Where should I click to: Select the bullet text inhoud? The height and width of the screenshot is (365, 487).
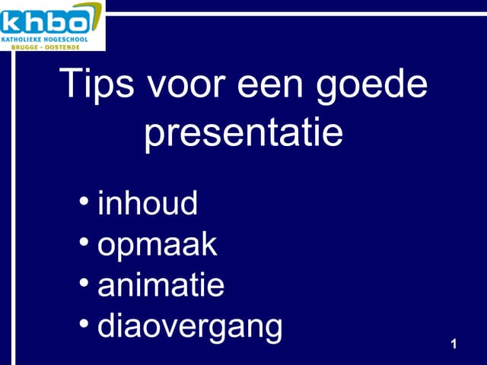(x=148, y=204)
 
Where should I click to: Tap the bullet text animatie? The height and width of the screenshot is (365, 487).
(x=161, y=286)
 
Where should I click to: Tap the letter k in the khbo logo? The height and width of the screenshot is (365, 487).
(x=14, y=21)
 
